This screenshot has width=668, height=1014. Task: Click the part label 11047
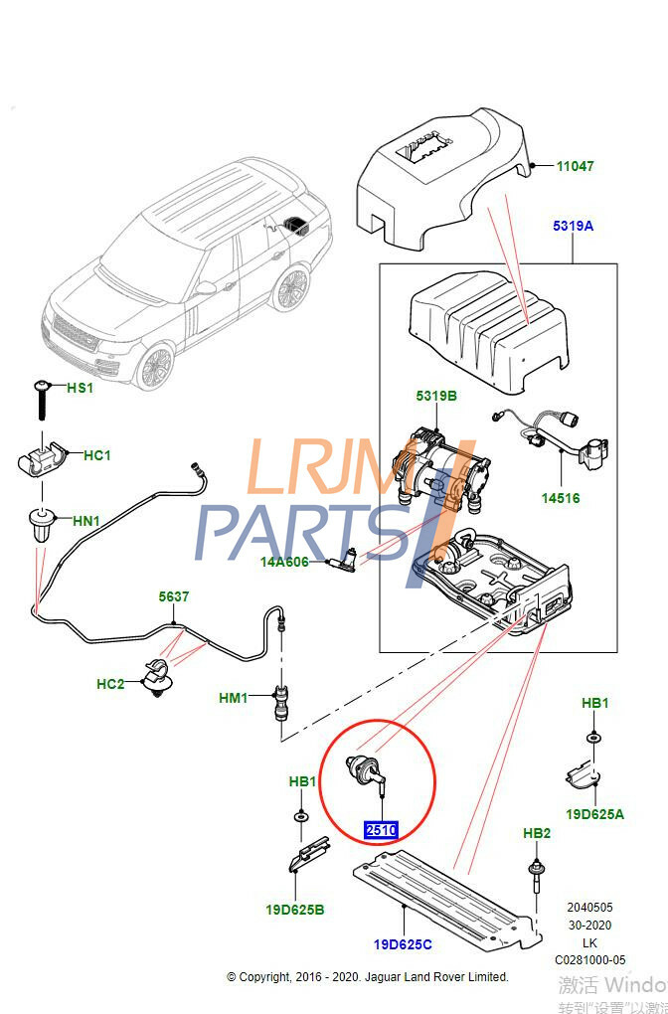[575, 166]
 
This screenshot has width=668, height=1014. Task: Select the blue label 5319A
[573, 226]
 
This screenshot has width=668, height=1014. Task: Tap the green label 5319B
[436, 397]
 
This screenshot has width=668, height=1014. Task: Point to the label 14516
[560, 498]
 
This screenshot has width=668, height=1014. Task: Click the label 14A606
[284, 562]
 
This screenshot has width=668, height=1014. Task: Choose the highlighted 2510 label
[381, 830]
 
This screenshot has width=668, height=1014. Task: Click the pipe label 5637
[174, 597]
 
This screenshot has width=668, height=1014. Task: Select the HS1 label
[80, 388]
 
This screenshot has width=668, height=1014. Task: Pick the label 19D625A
[594, 814]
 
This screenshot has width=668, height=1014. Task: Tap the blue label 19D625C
[404, 943]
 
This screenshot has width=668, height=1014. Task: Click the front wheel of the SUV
[157, 367]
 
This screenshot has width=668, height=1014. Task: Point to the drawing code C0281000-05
[590, 959]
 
